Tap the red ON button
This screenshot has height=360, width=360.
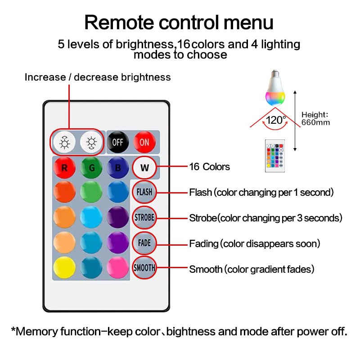pos(144,142)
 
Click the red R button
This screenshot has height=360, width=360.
pos(64,167)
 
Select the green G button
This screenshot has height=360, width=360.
pos(91,167)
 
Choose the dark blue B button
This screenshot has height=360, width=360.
pos(118,167)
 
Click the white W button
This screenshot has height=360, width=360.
pos(144,167)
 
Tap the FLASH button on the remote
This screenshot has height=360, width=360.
pos(144,192)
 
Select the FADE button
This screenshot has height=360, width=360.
pos(144,243)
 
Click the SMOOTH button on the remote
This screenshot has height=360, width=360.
pos(144,268)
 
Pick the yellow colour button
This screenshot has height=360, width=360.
pos(64,267)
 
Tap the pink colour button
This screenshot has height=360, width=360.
pos(118,267)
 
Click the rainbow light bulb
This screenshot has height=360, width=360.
pos(275,88)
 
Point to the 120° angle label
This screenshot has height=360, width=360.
pos(276,120)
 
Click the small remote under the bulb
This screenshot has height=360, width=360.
pos(275,156)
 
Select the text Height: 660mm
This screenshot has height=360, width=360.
pos(315,118)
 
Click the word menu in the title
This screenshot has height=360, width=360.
pos(248,22)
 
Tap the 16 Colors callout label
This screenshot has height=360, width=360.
pos(209,166)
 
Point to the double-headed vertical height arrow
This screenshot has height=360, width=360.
pos(295,121)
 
